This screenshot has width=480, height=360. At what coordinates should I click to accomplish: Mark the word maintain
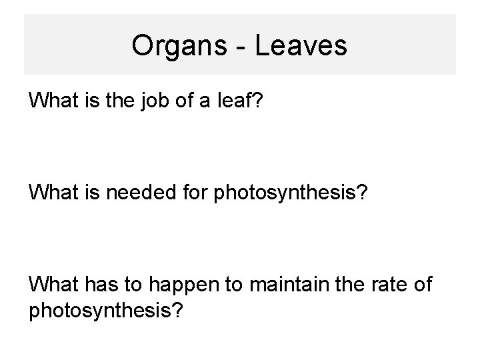click(x=281, y=285)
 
